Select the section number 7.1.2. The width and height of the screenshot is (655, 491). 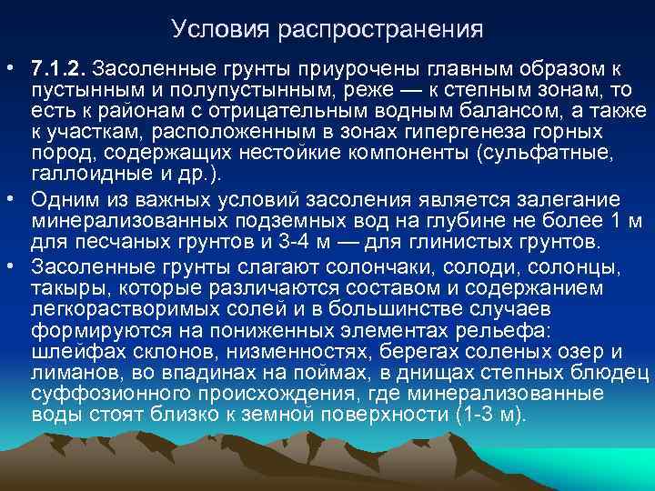click(x=58, y=69)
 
